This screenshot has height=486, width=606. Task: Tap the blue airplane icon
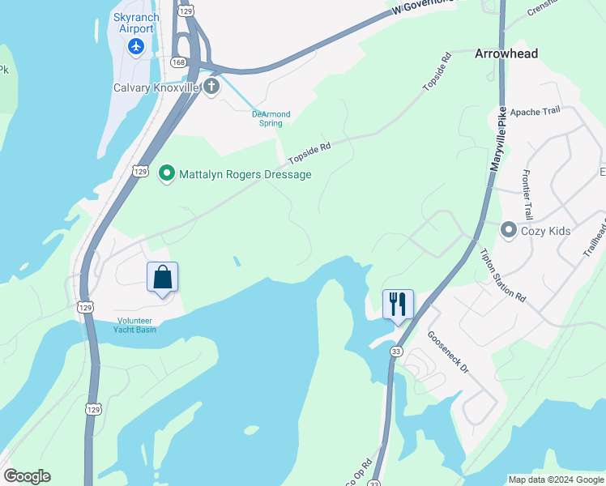[x=135, y=46]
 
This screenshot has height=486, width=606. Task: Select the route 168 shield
[x=178, y=62]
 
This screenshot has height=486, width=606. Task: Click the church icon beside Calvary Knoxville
[x=211, y=87]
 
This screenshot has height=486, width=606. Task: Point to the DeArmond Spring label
[x=271, y=119]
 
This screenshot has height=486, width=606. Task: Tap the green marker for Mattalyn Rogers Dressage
[x=167, y=173]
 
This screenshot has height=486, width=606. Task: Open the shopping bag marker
[x=162, y=278]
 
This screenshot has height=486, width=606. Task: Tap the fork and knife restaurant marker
[x=398, y=305]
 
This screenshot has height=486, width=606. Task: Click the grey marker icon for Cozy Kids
[x=509, y=231]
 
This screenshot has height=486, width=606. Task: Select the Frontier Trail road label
[x=527, y=195]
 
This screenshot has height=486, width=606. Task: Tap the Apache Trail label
[x=536, y=112]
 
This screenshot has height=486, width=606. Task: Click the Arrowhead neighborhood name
[x=506, y=53]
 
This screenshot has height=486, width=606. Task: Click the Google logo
[x=27, y=476]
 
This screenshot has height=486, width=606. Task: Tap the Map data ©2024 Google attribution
[x=555, y=480]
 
